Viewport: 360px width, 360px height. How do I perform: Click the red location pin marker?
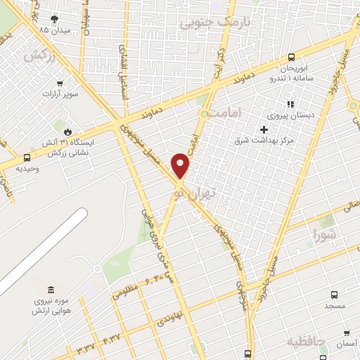coord(181,165)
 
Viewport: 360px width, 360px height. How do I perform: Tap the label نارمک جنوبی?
coord(206,23)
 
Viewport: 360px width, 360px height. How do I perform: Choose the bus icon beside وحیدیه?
coord(27,158)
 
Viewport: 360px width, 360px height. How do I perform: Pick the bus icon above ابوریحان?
coord(291,58)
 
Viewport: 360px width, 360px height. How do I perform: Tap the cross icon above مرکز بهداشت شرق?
coord(264,129)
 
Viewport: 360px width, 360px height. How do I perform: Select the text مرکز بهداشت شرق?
coord(263,141)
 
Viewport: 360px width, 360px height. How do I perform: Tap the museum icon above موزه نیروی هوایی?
coord(50,290)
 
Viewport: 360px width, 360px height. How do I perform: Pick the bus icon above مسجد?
coord(333,295)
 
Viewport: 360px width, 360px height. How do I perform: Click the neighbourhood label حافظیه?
coord(307,341)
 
